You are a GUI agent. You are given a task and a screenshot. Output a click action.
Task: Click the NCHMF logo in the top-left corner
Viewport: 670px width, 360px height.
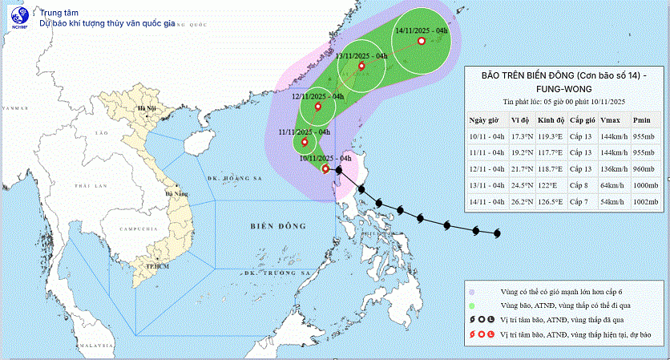tap(18, 18)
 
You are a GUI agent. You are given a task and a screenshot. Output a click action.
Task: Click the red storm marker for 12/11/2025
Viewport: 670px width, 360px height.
tap(318, 107)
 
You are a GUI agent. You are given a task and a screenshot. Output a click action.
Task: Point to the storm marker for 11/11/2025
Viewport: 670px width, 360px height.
tap(305, 143)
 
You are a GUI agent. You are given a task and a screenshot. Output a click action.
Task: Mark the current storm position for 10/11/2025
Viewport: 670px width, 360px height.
tap(325, 169)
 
